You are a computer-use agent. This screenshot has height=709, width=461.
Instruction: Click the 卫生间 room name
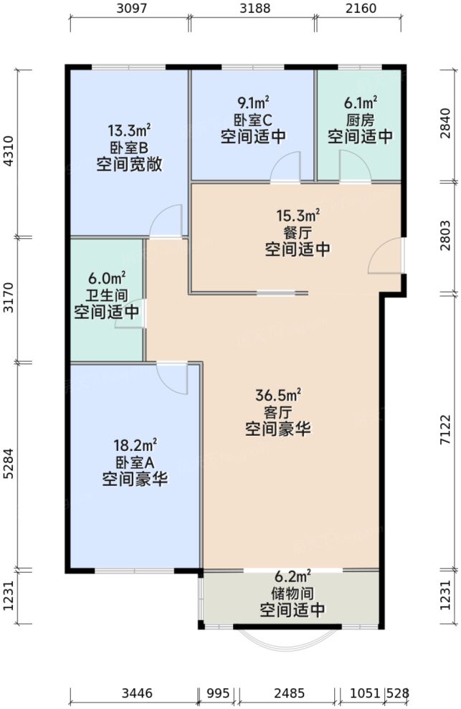tap(107, 294)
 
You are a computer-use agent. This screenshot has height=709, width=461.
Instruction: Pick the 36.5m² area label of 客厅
tap(277, 395)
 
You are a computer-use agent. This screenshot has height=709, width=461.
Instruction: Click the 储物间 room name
tap(292, 594)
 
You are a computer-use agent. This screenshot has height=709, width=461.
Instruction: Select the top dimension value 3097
tap(130, 9)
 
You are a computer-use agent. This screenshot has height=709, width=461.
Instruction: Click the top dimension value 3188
tap(253, 9)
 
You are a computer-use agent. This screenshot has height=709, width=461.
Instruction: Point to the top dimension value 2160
tap(359, 9)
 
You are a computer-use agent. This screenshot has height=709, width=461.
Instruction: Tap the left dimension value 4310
tap(9, 151)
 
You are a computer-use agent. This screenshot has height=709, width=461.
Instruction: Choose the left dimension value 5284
tap(9, 465)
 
